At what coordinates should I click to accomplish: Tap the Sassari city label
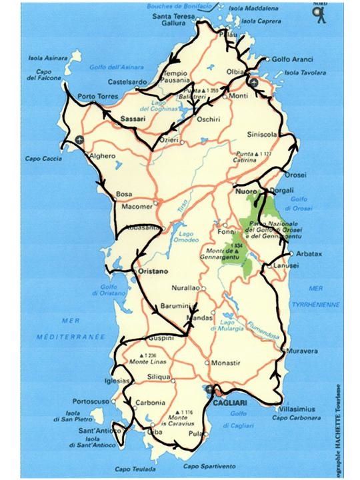(x=133, y=119)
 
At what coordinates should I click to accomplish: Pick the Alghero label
(x=103, y=156)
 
